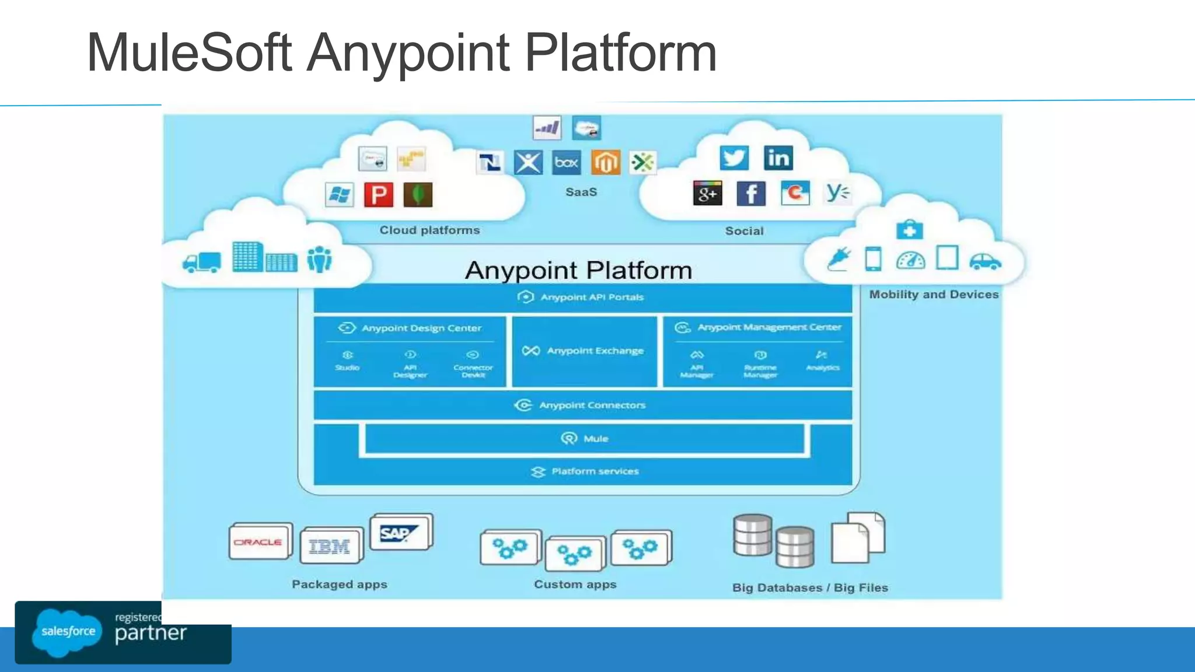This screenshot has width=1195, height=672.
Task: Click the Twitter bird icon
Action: (733, 157)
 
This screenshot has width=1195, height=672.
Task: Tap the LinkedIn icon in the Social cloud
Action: (778, 157)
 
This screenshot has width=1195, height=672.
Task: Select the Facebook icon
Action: (751, 193)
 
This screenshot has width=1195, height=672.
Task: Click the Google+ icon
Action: (707, 193)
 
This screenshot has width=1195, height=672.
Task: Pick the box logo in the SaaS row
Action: (566, 162)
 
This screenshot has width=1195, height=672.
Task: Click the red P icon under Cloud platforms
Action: (378, 194)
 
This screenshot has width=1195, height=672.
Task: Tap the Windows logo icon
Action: (339, 194)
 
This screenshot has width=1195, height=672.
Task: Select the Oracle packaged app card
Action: (259, 542)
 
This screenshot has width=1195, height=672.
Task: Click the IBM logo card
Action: (330, 547)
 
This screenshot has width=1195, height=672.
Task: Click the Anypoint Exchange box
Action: (584, 351)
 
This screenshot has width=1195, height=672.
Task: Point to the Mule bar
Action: (584, 439)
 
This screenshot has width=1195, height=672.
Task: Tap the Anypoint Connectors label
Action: (592, 405)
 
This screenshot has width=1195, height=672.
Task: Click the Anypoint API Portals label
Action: (592, 297)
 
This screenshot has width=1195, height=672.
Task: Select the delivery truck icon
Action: (201, 262)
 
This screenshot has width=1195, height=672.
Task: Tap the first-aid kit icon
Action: (909, 229)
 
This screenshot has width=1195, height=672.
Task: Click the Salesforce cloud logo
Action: (68, 631)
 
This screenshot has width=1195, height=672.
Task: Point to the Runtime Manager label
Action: (760, 371)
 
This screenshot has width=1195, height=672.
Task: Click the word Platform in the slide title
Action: (620, 53)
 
